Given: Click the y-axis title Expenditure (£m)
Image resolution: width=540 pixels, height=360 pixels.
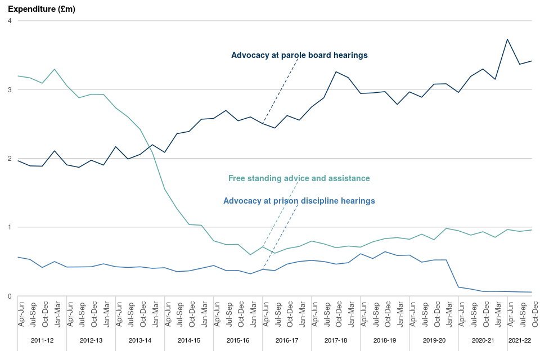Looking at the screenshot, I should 41,9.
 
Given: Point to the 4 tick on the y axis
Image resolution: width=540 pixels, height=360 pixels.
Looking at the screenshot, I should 10,21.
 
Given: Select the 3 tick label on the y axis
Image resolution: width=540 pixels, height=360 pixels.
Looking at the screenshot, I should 10,89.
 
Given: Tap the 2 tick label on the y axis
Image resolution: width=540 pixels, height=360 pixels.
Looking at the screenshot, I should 10,159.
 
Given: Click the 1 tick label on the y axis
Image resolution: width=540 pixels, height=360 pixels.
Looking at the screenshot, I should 10,227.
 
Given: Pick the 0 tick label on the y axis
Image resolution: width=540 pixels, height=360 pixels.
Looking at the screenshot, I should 10,296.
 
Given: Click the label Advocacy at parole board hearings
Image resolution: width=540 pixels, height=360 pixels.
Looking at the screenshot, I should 299,55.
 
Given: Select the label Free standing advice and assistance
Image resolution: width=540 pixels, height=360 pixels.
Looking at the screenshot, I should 299,178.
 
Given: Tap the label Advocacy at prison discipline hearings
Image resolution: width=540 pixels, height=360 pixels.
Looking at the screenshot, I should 299,201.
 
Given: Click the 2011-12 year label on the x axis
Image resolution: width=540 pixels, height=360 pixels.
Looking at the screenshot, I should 42,340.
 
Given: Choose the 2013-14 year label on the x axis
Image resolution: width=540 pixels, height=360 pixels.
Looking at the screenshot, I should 140,340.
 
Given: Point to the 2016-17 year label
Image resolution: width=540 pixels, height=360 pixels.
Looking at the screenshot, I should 287,340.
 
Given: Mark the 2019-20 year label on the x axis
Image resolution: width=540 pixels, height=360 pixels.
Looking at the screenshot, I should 434,340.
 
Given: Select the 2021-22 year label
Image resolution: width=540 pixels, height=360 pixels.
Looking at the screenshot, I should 520,340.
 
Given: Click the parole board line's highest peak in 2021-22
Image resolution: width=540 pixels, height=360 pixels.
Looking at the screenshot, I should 507,39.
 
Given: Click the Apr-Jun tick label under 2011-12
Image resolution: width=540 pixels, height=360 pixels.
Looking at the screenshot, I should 21,315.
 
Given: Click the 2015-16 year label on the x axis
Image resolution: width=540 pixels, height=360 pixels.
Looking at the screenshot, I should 238,340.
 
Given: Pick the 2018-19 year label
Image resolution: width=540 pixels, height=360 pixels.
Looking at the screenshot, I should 385,340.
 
